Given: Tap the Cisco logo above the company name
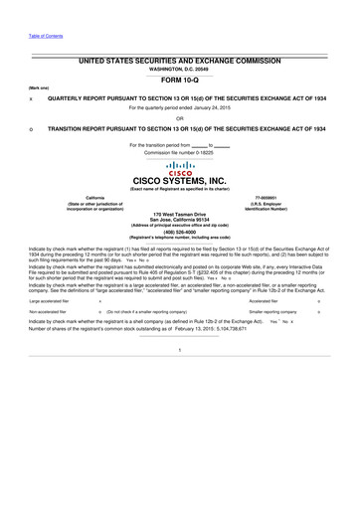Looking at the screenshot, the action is coord(180,167).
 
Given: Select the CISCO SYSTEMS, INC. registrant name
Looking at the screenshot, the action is coord(180,180).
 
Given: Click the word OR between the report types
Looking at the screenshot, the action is coord(180,118).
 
